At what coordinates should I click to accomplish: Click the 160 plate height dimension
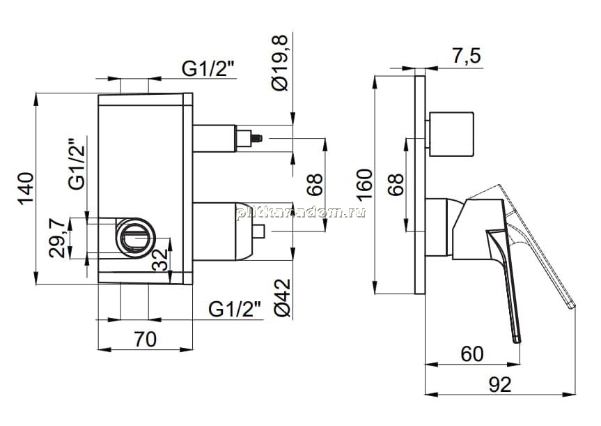[364, 183]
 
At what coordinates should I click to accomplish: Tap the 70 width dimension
[146, 340]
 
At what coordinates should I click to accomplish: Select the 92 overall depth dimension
[500, 384]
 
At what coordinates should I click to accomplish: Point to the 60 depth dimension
[472, 354]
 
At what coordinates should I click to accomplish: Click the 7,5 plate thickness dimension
[466, 56]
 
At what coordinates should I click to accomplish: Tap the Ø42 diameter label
[283, 298]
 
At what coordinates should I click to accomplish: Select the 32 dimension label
[160, 259]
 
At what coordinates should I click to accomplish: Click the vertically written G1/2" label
[77, 163]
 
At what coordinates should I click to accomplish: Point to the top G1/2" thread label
[208, 69]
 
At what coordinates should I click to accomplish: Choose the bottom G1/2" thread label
[235, 309]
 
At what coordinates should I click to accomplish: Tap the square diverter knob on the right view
[451, 135]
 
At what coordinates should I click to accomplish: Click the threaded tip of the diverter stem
[258, 138]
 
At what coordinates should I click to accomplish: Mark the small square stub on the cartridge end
[259, 231]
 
